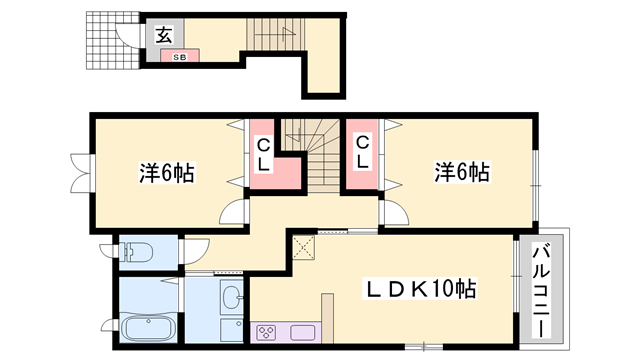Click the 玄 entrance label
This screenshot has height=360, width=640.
point(164,35)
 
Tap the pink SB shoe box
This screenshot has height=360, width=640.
point(180,56)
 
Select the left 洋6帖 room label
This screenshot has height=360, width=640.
point(167,172)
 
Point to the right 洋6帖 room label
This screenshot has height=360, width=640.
point(462,172)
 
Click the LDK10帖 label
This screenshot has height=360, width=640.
point(420,289)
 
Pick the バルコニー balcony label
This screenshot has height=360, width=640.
point(541,290)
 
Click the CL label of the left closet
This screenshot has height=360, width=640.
point(264,155)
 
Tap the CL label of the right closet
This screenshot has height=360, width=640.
point(362,152)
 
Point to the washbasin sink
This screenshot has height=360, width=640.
point(232,297)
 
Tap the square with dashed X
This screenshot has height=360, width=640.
point(304,247)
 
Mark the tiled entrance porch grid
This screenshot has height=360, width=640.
point(113,40)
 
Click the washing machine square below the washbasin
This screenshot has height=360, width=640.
point(232,330)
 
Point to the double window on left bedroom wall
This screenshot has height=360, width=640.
point(80,173)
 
